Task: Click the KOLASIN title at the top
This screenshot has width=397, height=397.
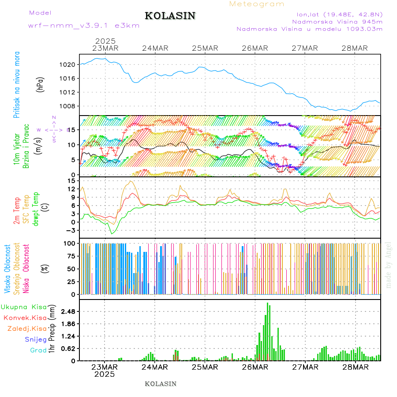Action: click(170, 16)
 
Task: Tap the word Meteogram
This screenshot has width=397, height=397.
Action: click(257, 4)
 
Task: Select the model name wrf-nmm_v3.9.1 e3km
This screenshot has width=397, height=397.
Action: click(84, 26)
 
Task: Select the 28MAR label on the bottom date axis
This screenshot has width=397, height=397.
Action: click(355, 367)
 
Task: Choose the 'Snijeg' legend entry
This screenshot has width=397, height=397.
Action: click(36, 340)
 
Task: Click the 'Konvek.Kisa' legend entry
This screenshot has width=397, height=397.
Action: click(25, 318)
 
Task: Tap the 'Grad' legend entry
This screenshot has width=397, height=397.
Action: click(38, 351)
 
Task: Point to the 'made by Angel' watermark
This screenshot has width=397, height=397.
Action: click(389, 265)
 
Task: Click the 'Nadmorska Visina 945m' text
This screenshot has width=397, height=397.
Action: click(337, 21)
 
